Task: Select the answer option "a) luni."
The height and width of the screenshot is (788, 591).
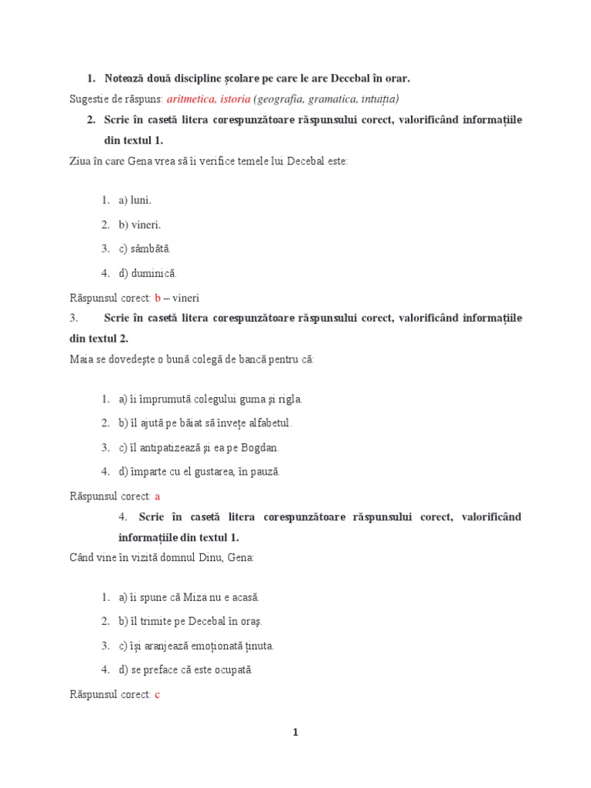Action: [x=135, y=200]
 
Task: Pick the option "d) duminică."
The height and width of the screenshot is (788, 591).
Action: [x=147, y=272]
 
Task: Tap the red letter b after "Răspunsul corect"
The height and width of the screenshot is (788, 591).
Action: [x=158, y=298]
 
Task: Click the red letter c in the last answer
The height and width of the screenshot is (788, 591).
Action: [x=157, y=694]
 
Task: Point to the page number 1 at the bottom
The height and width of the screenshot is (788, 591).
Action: [x=295, y=733]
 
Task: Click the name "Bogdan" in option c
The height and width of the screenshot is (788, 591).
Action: [x=262, y=447]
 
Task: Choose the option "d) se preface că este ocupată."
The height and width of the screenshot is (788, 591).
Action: [x=185, y=669]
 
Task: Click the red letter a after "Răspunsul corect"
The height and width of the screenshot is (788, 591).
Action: [x=157, y=496]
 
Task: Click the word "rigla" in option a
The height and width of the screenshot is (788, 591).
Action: [x=290, y=399]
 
